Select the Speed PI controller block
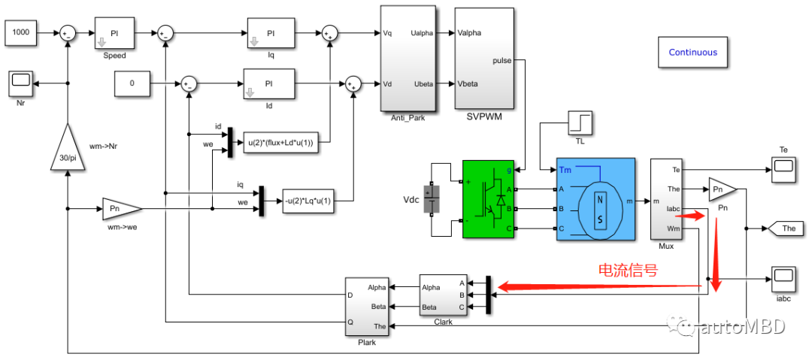pos(114,33)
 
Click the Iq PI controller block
pos(271,33)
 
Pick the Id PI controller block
pos(268,83)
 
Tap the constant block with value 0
pos(132,83)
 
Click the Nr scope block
pos(21,83)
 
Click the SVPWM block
pos(483,59)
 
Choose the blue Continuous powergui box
pos(692,53)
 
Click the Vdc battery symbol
pos(432,199)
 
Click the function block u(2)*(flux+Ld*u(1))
pos(280,144)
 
